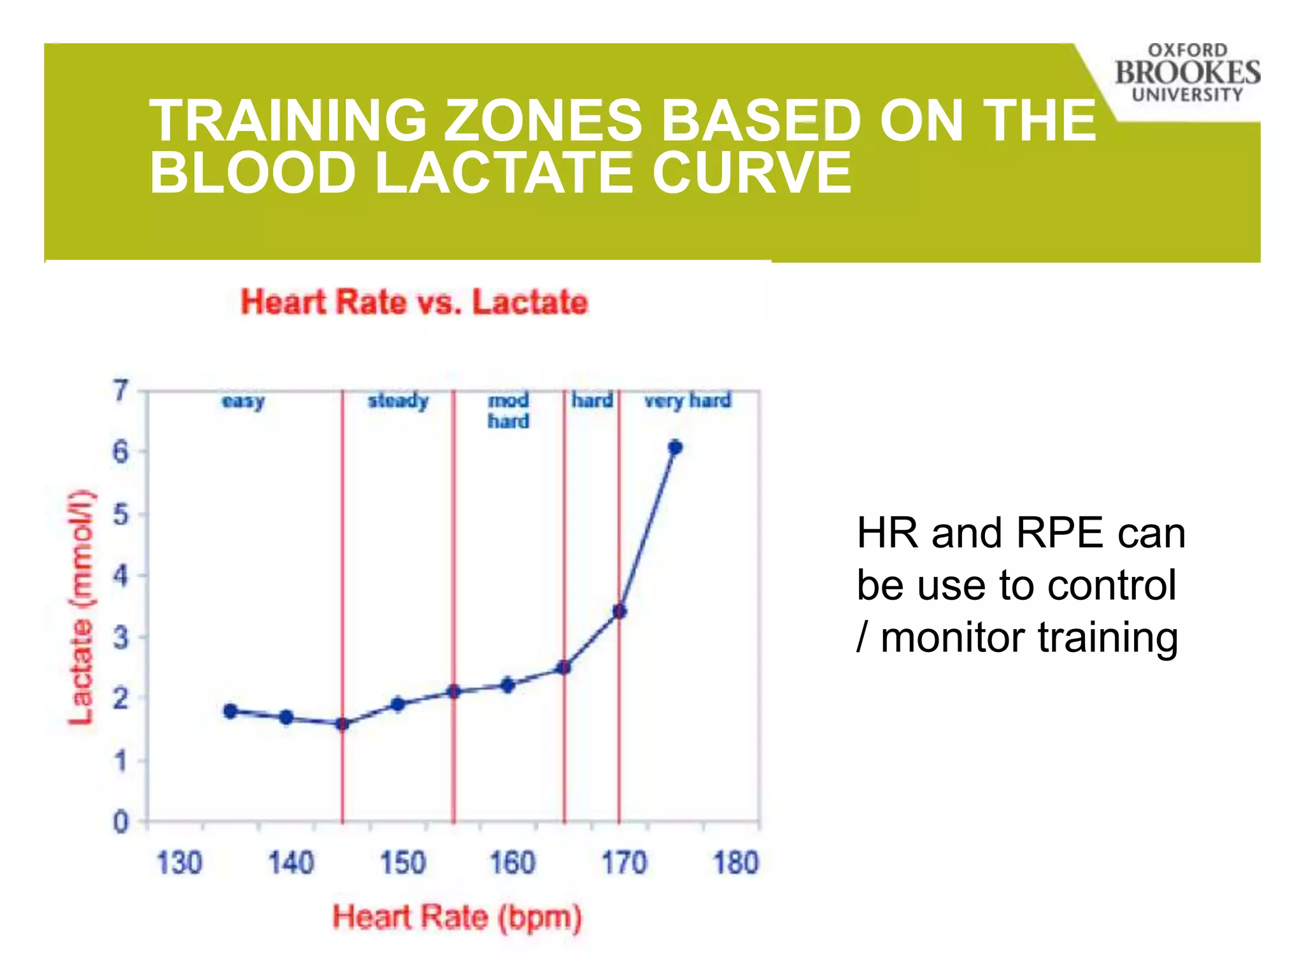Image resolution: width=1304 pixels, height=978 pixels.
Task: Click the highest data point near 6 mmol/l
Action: (x=675, y=448)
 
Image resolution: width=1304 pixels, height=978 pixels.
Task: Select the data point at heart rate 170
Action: (x=620, y=612)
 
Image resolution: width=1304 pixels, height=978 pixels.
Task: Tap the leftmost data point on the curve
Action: (x=230, y=711)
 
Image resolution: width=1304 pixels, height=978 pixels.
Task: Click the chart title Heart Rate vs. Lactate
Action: (x=414, y=302)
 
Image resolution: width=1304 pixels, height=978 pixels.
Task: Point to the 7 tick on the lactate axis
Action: (x=120, y=390)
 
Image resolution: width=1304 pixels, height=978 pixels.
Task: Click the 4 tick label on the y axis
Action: (x=120, y=576)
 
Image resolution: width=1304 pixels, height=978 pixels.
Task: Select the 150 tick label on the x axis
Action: (x=402, y=863)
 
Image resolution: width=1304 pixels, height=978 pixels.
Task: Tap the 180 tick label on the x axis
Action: (x=735, y=863)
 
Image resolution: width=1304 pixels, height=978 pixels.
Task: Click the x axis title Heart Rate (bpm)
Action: (x=457, y=918)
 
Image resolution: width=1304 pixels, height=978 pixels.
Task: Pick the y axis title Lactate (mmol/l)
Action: (x=81, y=608)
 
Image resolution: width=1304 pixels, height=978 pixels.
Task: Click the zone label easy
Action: (x=243, y=401)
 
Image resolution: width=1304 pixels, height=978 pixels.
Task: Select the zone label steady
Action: (x=398, y=400)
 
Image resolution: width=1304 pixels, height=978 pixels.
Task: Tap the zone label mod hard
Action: (x=508, y=411)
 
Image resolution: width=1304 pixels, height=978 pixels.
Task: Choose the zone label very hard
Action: (x=688, y=400)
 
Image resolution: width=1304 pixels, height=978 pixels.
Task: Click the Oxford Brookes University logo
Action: (x=1187, y=73)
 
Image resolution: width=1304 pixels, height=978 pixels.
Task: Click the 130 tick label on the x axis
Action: (x=179, y=863)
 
